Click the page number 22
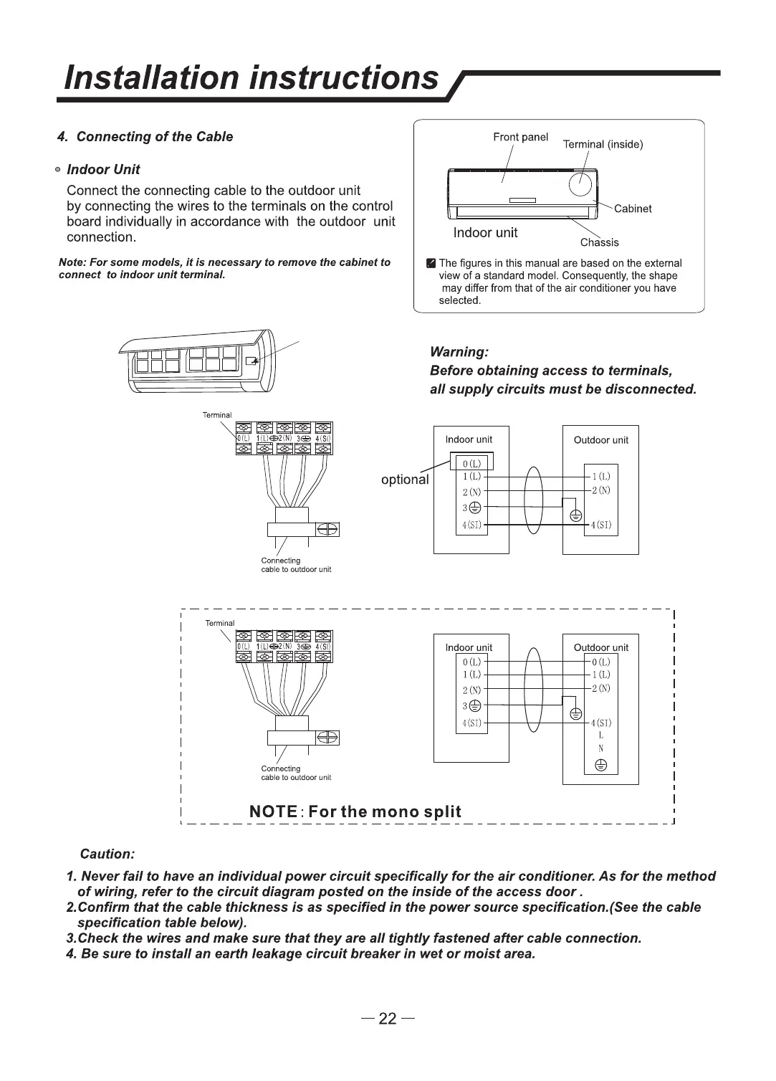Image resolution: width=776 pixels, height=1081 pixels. tap(388, 1019)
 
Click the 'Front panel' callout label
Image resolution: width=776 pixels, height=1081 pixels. tap(520, 137)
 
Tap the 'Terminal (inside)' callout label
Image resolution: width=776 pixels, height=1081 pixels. tap(603, 145)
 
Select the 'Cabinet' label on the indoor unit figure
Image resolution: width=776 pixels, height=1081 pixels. tap(633, 209)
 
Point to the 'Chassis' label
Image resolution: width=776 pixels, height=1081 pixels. tap(599, 242)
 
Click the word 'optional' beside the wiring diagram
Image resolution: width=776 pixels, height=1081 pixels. tap(405, 480)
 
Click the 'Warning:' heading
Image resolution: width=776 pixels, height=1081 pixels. tap(459, 352)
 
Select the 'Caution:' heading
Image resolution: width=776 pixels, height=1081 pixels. tap(107, 854)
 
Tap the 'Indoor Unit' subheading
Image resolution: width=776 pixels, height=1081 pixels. tap(103, 170)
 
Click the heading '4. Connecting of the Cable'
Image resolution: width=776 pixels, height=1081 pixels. tap(145, 137)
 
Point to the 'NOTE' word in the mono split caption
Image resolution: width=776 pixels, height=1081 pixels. tap(273, 811)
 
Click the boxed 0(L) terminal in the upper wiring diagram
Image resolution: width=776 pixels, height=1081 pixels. tap(471, 462)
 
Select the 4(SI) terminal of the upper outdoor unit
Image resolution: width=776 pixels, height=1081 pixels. tap(600, 525)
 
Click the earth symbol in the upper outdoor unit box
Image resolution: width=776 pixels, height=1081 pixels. tap(575, 515)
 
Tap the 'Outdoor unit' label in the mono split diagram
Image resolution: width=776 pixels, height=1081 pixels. tap(600, 647)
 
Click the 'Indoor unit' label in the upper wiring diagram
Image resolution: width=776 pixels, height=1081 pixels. tap(469, 439)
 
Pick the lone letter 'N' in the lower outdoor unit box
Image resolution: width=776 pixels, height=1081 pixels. tap(601, 748)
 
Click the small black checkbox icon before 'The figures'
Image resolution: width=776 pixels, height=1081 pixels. tap(431, 263)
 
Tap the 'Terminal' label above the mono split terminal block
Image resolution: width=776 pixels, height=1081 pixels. tap(219, 623)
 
